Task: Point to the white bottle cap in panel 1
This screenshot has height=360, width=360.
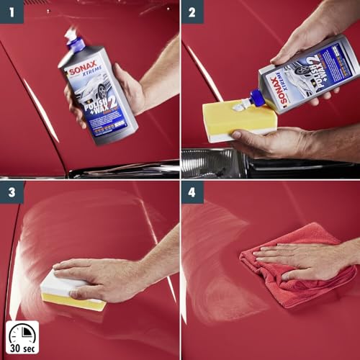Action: click(71, 36)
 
